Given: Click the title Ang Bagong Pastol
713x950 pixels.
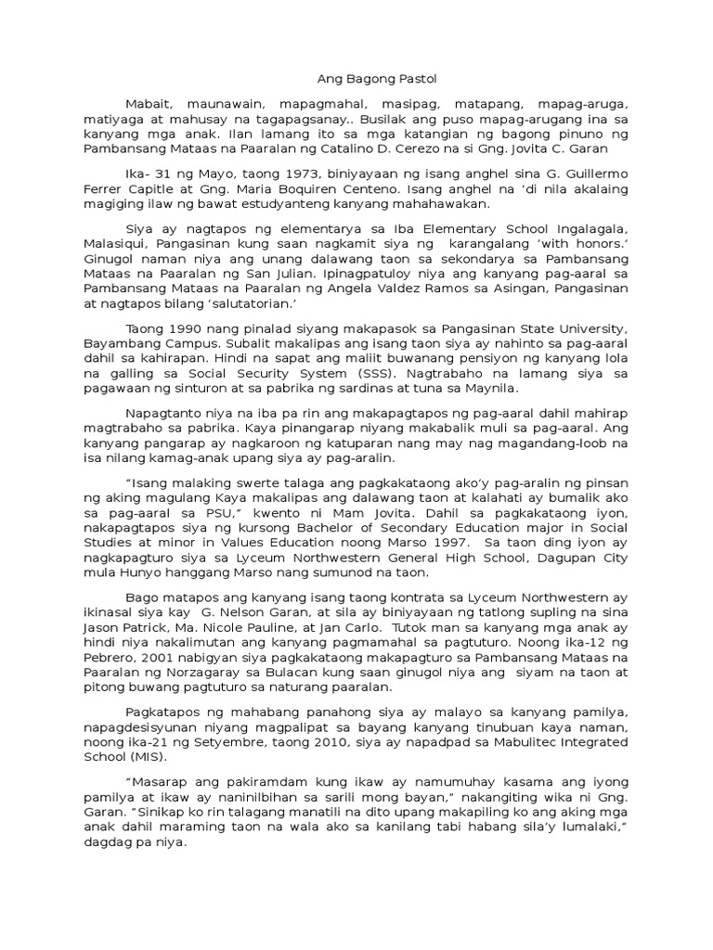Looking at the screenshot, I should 357,80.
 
